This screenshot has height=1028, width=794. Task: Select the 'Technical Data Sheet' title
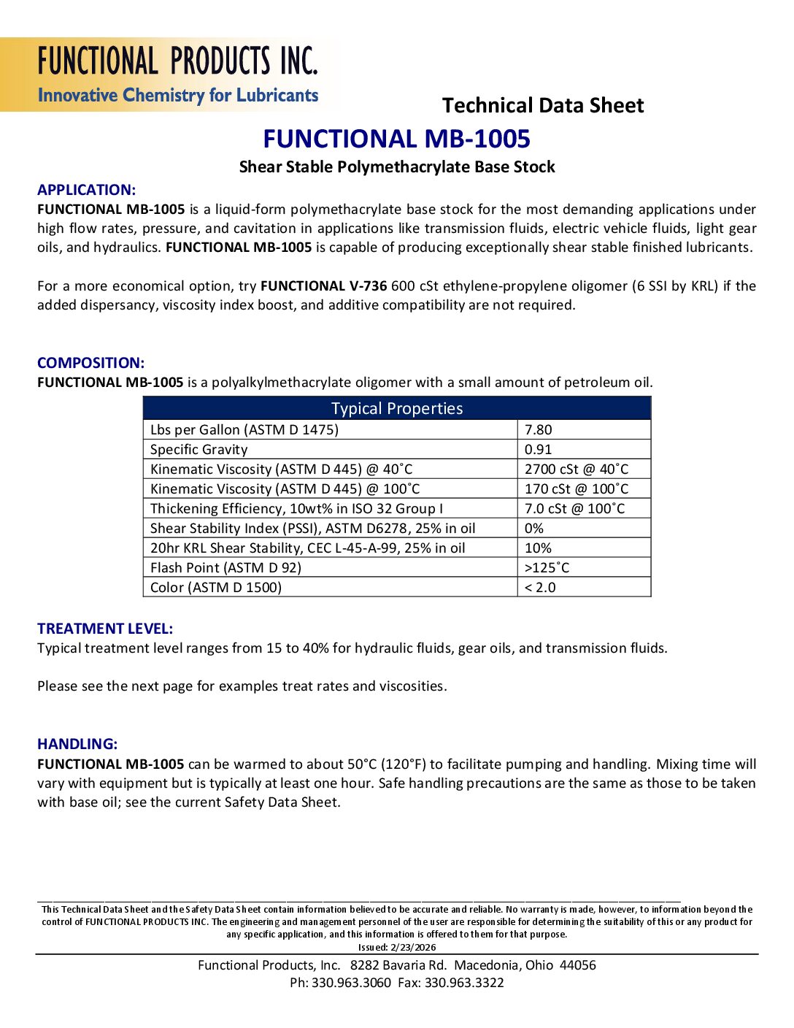point(543,106)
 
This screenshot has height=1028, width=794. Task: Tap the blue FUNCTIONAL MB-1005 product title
point(396,139)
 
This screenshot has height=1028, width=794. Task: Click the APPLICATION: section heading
point(86,190)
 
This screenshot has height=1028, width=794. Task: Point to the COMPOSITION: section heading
point(90,363)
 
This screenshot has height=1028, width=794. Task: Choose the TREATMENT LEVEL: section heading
point(105,629)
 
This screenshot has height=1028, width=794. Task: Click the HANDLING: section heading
point(77,744)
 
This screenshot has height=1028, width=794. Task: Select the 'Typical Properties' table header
point(397,409)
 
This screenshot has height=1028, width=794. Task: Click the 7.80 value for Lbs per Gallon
point(539,430)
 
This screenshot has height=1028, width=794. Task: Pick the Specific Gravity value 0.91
point(539,450)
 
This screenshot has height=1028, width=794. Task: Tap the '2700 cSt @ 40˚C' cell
point(577,469)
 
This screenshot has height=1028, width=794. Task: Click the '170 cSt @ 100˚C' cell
point(577,489)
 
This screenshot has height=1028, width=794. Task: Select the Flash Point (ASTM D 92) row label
point(226,568)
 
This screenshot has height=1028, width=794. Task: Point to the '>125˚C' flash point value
point(547,568)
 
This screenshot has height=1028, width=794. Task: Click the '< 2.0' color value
point(540,588)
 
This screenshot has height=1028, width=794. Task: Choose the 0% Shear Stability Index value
point(534,529)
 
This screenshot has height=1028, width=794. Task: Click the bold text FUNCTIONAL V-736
point(323,286)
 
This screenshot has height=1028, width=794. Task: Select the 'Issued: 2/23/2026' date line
point(397,947)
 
